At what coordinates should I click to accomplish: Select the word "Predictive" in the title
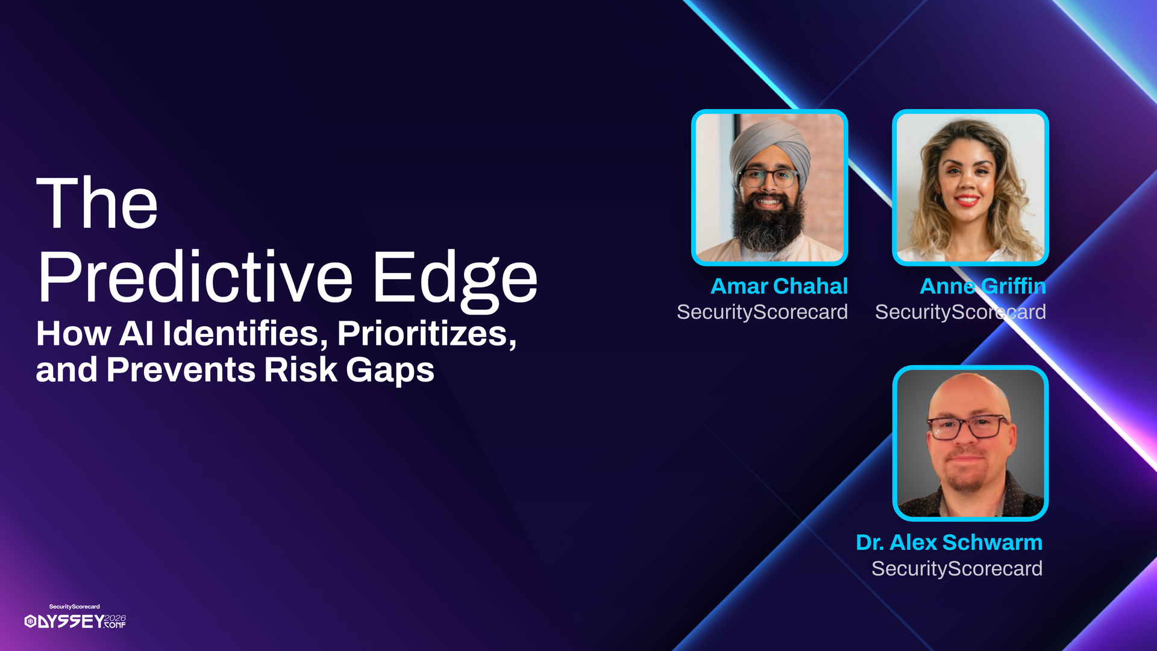[x=195, y=277]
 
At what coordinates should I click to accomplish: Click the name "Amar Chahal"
[x=779, y=286]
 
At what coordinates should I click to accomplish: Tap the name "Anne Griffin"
[x=983, y=286]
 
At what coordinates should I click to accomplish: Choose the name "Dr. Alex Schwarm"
[x=949, y=542]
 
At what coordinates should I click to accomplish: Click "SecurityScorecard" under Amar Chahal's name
[x=762, y=312]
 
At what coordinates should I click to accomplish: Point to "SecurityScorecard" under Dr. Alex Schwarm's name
[x=957, y=568]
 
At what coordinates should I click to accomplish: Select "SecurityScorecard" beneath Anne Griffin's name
[x=961, y=312]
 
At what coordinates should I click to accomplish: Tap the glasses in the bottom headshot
[x=968, y=427]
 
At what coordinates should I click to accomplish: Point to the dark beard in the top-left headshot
[x=768, y=223]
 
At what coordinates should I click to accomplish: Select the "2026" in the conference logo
[x=115, y=618]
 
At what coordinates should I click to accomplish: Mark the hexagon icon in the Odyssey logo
[x=30, y=621]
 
